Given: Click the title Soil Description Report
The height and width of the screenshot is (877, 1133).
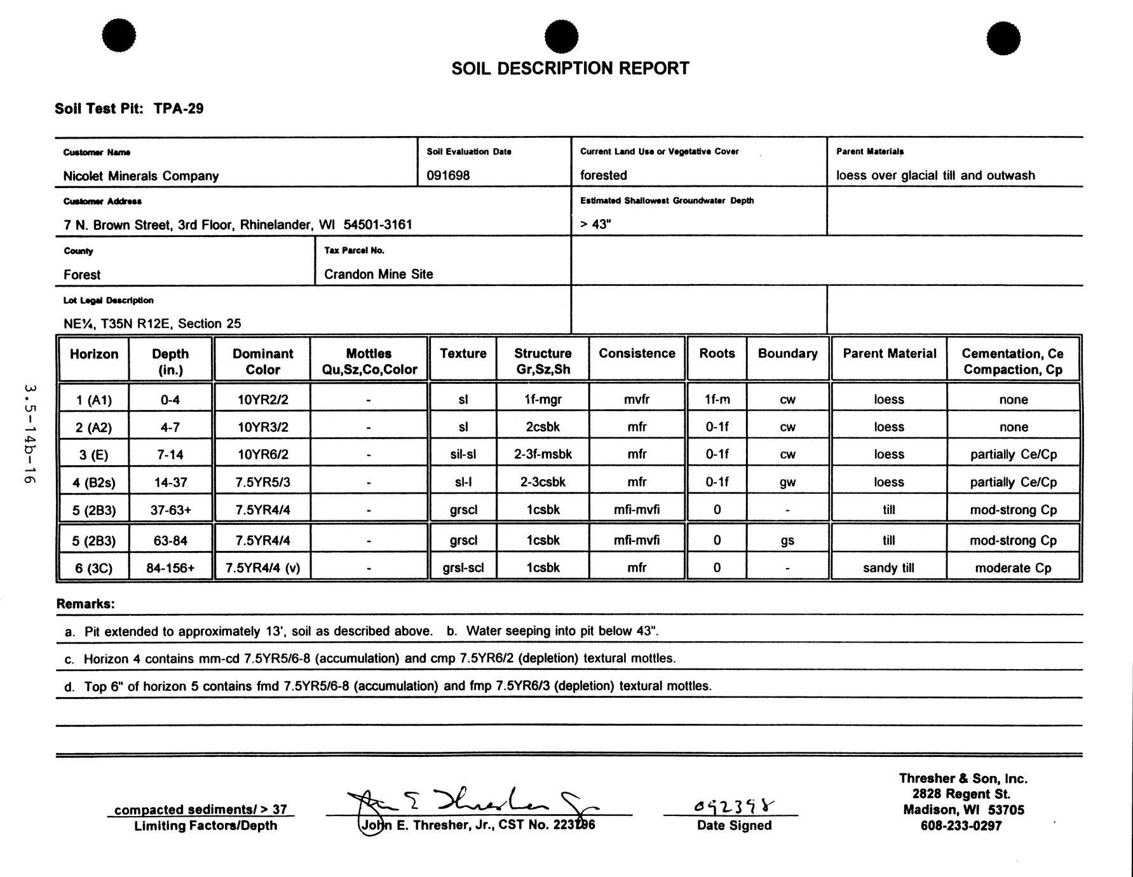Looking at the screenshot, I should click(x=570, y=69).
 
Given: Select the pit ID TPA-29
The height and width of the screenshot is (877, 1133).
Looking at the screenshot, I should click(x=179, y=109).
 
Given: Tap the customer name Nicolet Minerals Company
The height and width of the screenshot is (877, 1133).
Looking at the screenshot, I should click(x=141, y=176).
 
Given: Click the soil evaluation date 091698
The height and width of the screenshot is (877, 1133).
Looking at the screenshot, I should click(x=448, y=175).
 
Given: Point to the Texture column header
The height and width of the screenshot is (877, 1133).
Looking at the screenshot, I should click(x=463, y=354).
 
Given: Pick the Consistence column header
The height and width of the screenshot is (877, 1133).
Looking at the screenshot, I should click(x=637, y=354).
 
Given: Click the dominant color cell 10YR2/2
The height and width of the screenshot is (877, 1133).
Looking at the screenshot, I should click(x=262, y=400).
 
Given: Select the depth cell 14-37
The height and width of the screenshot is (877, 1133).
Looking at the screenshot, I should click(x=170, y=482).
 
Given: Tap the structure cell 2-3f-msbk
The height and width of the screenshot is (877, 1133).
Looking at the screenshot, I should click(x=543, y=454).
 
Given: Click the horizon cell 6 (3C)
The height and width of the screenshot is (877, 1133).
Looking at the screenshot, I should click(x=93, y=568).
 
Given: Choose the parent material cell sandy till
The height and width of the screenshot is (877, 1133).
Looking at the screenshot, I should click(x=888, y=568).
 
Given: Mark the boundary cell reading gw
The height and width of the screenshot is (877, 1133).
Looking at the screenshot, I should click(x=787, y=482).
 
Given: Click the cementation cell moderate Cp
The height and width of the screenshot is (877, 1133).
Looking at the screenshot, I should click(x=1013, y=568).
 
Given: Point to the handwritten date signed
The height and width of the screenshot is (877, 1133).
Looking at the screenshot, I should click(x=734, y=807).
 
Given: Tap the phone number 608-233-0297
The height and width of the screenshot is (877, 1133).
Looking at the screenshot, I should click(x=961, y=826).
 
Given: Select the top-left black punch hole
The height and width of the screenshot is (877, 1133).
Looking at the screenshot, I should click(x=119, y=35).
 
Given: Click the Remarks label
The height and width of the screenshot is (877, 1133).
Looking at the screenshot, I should click(x=86, y=604).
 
